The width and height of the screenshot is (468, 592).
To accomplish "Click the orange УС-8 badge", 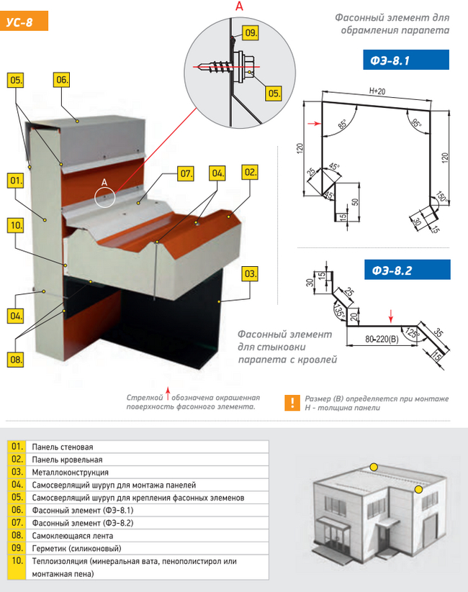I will click(26, 22).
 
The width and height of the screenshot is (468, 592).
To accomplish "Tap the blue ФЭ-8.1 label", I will click(405, 60).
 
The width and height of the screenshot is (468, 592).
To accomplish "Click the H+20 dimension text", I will click(377, 91).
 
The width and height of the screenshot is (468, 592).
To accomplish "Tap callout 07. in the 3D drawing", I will click(186, 173).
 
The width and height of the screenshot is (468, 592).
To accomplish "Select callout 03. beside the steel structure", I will click(249, 273).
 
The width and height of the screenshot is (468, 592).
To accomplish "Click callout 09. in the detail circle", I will click(251, 33).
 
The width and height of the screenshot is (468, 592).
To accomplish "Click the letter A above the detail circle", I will click(238, 6).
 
